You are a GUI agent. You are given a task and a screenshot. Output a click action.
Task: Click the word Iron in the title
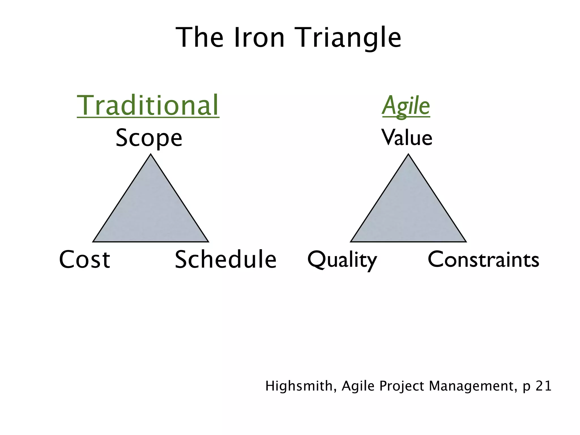[259, 38]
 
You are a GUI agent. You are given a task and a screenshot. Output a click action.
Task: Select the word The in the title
[199, 38]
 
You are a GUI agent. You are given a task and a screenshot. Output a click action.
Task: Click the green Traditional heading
[148, 105]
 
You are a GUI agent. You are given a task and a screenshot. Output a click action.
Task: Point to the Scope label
[149, 138]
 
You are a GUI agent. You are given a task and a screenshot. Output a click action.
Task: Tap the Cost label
[84, 259]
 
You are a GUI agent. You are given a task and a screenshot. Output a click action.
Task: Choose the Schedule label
[225, 259]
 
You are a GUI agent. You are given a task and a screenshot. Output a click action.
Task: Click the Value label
[407, 138]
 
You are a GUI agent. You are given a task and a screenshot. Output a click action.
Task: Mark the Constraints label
[483, 259]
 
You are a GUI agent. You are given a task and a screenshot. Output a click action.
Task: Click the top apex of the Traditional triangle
[151, 155]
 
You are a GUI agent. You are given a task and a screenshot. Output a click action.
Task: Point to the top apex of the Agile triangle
[408, 155]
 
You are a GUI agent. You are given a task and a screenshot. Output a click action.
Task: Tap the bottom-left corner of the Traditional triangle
[93, 242]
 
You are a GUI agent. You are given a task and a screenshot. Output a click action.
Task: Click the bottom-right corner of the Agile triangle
[466, 242]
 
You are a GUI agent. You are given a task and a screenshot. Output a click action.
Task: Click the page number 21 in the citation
[543, 386]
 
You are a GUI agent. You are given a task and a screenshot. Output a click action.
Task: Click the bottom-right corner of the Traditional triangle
[208, 242]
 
